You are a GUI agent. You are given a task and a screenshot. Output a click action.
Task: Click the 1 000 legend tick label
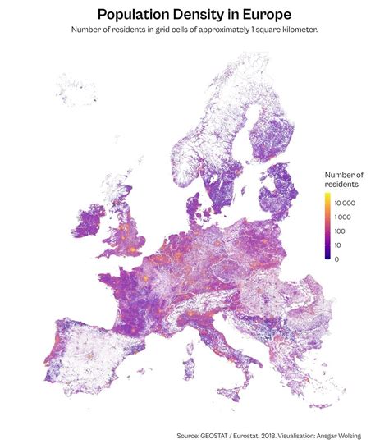tap(342, 217)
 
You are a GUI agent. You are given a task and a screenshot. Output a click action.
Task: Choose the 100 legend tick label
tap(340, 231)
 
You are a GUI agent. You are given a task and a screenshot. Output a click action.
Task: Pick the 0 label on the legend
tap(336, 259)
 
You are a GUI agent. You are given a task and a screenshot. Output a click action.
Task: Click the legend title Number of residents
tap(344, 180)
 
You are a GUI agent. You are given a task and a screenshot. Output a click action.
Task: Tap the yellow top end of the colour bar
tap(327, 197)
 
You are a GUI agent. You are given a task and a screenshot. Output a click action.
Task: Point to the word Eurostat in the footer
tap(256, 435)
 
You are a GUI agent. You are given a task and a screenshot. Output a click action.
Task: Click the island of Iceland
tap(77, 89)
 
